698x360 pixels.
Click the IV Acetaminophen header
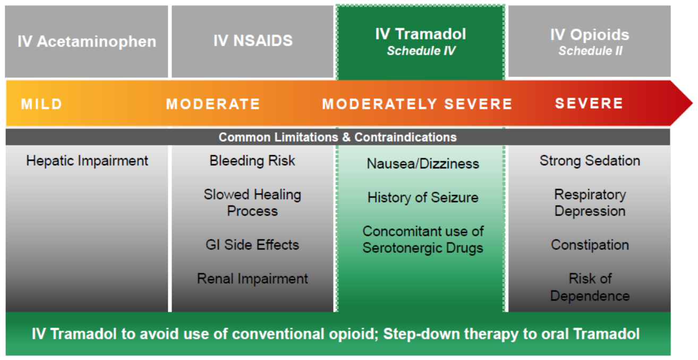(x=87, y=41)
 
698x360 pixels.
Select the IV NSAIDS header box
(x=252, y=41)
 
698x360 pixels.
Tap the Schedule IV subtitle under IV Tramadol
(x=421, y=51)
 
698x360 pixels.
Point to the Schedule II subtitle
(x=590, y=51)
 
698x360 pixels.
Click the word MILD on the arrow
(x=42, y=104)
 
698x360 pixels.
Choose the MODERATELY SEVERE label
(x=417, y=104)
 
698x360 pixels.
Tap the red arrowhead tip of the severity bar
(x=692, y=103)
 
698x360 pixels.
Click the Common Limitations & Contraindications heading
(x=337, y=138)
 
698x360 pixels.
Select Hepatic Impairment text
(x=87, y=161)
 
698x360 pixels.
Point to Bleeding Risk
(x=252, y=161)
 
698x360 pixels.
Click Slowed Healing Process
(x=252, y=203)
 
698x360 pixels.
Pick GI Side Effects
(x=252, y=245)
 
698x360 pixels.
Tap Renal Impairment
(x=252, y=279)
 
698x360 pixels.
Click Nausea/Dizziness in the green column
(x=422, y=164)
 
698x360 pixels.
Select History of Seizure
(x=422, y=198)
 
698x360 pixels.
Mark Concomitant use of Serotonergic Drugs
(x=422, y=239)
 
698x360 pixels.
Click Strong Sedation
(x=590, y=161)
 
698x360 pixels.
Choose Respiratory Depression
(x=590, y=203)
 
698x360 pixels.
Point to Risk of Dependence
(x=590, y=287)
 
